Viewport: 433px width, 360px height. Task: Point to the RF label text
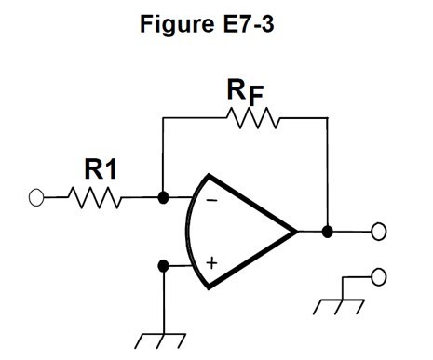[x=247, y=93]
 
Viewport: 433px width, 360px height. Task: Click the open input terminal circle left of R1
[x=37, y=197]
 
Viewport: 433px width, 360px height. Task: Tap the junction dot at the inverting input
[x=164, y=197]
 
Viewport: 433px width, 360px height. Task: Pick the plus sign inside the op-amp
[x=211, y=263]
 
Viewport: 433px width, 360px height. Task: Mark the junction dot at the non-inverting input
[x=164, y=265]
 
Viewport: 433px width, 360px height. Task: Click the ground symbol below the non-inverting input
[x=164, y=340]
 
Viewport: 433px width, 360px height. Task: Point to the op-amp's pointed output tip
[x=296, y=231]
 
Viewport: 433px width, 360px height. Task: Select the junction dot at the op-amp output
[x=327, y=231]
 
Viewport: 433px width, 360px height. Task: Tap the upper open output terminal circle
[x=378, y=232]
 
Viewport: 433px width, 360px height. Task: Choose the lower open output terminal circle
[x=378, y=276]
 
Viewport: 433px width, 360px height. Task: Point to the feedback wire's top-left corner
[x=164, y=118]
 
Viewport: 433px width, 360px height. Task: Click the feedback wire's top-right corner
[x=327, y=118]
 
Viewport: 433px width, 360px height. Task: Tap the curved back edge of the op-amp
[x=190, y=231]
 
